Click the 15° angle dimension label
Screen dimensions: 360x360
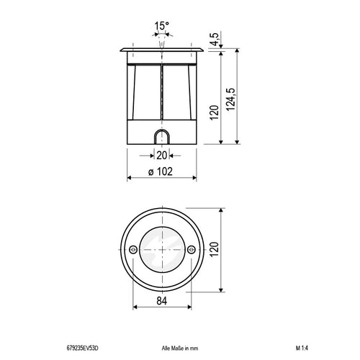tap(162, 26)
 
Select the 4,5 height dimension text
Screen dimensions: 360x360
tap(215, 39)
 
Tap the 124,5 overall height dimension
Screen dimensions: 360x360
tap(231, 99)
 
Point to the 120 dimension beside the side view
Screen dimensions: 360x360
tap(215, 112)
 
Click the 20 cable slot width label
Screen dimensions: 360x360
tap(161, 156)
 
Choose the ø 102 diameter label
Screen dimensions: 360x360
tap(161, 171)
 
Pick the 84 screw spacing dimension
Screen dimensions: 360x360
tap(162, 300)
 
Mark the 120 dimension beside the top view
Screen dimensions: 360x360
tap(215, 250)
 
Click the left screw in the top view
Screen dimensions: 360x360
tap(133, 250)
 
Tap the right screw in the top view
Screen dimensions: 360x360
tap(192, 250)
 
